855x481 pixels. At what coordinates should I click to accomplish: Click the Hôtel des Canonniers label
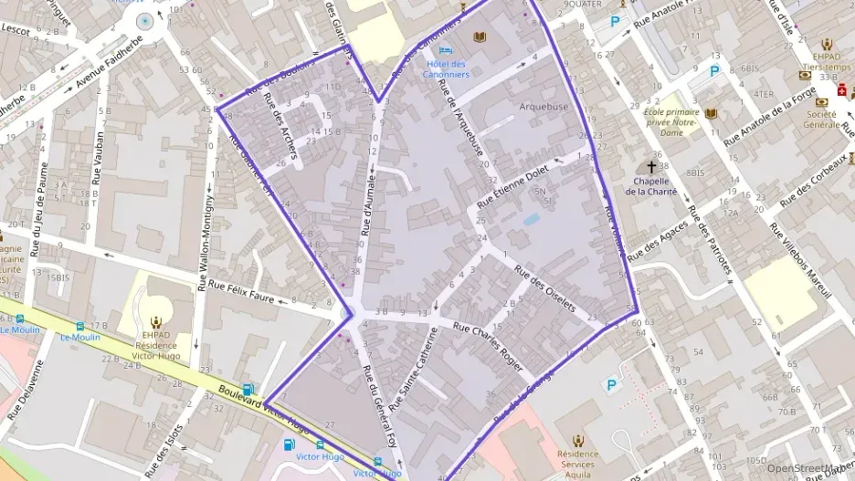coord(447,68)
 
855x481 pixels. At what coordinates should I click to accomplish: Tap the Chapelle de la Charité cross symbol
coord(651,167)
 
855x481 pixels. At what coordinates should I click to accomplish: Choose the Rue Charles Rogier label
coord(488,348)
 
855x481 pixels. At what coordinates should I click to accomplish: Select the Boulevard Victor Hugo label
coord(265,408)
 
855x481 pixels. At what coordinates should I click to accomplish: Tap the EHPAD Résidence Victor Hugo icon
coord(155,321)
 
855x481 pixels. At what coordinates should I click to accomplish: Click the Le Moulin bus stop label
coord(80,337)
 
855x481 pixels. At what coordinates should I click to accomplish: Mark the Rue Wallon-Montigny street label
coord(206,234)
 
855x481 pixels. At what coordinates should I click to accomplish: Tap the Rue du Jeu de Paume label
coord(39,208)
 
